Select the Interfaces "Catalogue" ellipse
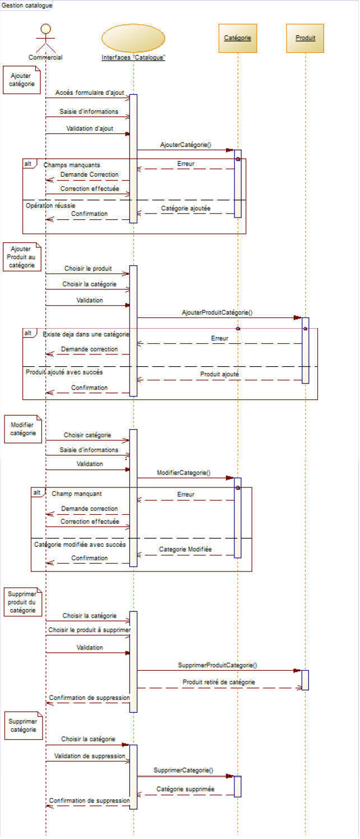click(133, 38)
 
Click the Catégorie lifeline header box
click(237, 38)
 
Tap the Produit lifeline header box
click(305, 38)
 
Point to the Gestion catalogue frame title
click(27, 5)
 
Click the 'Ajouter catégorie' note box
click(22, 80)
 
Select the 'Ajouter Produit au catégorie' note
click(22, 257)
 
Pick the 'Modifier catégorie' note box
click(23, 429)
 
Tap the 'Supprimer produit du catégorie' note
click(22, 602)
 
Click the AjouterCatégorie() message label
click(185, 145)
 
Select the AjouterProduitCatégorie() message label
click(216, 312)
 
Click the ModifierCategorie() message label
click(183, 473)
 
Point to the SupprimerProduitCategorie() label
click(217, 665)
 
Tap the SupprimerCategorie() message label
click(183, 771)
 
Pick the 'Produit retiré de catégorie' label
click(218, 682)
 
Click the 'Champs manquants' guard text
click(72, 165)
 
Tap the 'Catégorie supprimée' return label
click(185, 789)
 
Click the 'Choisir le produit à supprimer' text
click(89, 630)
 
